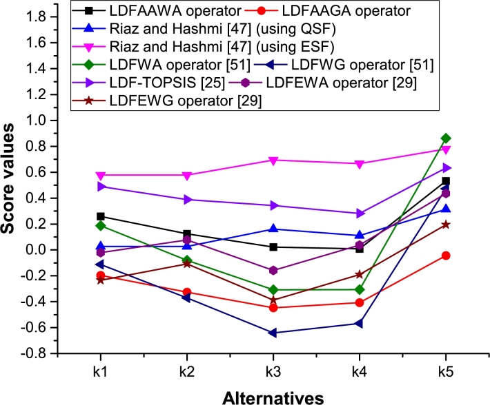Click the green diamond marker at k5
pyautogui.click(x=445, y=138)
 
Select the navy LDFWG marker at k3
pyautogui.click(x=273, y=333)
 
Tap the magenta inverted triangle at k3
pyautogui.click(x=273, y=160)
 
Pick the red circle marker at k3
pyautogui.click(x=273, y=308)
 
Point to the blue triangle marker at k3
pyautogui.click(x=273, y=228)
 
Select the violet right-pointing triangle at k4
pyautogui.click(x=359, y=214)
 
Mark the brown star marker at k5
pyautogui.click(x=445, y=225)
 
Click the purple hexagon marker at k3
pyautogui.click(x=273, y=271)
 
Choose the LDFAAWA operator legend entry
pyautogui.click(x=168, y=12)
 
